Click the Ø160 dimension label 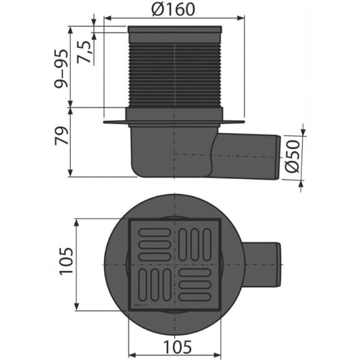(x=174, y=9)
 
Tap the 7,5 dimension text (x=83, y=52)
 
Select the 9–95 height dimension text (x=61, y=68)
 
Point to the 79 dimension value (x=61, y=136)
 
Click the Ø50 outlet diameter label (x=292, y=156)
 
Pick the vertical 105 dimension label (x=66, y=261)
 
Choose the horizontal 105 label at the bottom (x=178, y=347)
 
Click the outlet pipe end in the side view (x=278, y=157)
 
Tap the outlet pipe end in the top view (x=278, y=265)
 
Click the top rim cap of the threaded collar (x=175, y=30)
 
